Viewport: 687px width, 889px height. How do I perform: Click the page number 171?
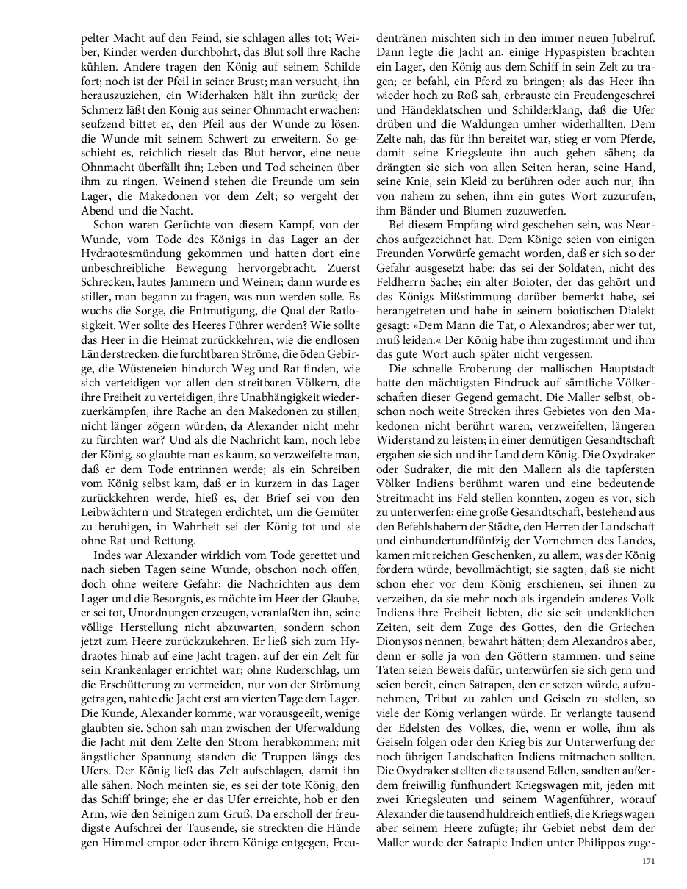648,861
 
